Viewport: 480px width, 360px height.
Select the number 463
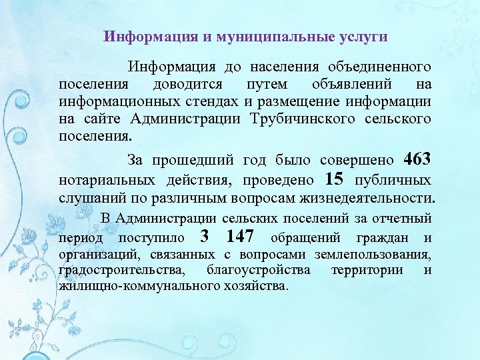point(418,160)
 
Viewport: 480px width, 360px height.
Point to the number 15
point(335,180)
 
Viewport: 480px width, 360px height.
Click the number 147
point(240,237)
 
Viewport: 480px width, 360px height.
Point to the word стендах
point(209,102)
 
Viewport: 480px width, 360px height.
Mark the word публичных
point(393,181)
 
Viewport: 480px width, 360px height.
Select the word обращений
point(306,238)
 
